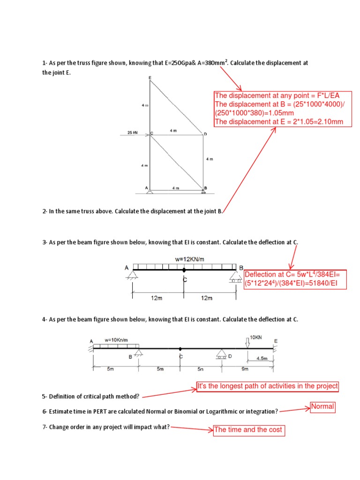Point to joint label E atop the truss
click(x=150, y=77)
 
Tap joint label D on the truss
click(x=205, y=134)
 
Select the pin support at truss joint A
click(x=150, y=190)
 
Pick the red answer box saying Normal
click(x=323, y=407)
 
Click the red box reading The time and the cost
click(x=248, y=430)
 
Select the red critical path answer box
click(x=267, y=386)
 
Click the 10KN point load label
click(x=256, y=337)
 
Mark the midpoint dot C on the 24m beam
click(x=184, y=270)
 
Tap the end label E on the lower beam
click(x=276, y=341)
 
